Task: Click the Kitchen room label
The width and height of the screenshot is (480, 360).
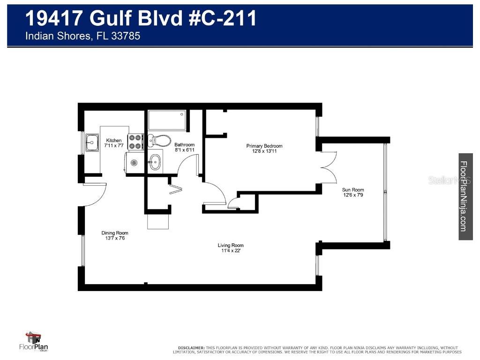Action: click(114, 141)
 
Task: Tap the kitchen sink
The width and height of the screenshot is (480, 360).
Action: click(91, 139)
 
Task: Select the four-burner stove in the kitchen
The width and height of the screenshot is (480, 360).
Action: click(135, 142)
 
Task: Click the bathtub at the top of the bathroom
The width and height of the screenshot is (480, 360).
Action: click(167, 120)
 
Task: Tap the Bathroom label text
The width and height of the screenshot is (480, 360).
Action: click(184, 145)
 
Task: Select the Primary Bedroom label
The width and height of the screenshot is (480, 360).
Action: click(264, 146)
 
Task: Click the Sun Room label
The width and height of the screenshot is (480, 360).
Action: click(353, 190)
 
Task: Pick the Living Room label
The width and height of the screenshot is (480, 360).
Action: click(231, 245)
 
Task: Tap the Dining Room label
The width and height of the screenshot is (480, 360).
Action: click(115, 233)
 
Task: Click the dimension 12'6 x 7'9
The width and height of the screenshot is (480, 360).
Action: click(353, 195)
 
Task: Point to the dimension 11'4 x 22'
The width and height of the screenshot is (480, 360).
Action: click(231, 251)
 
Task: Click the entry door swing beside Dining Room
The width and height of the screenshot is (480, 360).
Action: click(96, 195)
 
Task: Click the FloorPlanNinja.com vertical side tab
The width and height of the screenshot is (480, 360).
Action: click(465, 196)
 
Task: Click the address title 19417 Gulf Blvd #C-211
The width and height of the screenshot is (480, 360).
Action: click(141, 19)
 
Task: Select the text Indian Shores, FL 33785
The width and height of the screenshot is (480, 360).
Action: click(82, 36)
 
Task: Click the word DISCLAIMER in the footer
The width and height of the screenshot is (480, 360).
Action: click(191, 347)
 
